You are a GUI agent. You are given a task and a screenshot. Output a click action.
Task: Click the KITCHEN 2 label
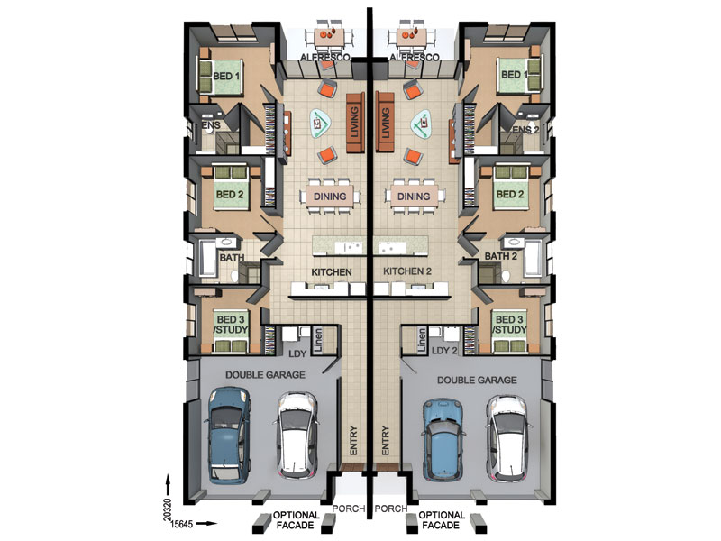pyautogui.click(x=407, y=271)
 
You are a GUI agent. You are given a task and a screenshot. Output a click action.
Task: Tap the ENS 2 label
pyautogui.click(x=525, y=130)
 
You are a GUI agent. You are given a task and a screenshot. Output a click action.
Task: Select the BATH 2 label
pyautogui.click(x=501, y=256)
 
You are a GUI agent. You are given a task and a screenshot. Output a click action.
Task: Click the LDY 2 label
pyautogui.click(x=444, y=350)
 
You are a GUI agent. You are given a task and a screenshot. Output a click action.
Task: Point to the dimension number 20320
pyautogui.click(x=168, y=509)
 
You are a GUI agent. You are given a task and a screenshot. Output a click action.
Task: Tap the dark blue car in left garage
pyautogui.click(x=229, y=436)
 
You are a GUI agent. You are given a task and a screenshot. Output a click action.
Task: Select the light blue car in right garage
pyautogui.click(x=443, y=439)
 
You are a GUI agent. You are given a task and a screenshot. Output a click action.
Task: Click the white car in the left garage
pyautogui.click(x=298, y=436)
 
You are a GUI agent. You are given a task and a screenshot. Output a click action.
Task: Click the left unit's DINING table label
pyautogui.click(x=330, y=197)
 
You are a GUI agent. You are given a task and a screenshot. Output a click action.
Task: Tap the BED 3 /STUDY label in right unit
pyautogui.click(x=509, y=325)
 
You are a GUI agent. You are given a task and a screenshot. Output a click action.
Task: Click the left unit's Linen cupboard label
pyautogui.click(x=318, y=340)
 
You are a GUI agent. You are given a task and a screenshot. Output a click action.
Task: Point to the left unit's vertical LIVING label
pyautogui.click(x=354, y=123)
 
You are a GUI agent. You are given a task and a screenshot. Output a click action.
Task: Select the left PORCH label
pyautogui.click(x=349, y=509)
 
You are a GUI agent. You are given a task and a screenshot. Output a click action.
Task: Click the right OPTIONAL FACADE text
pyautogui.click(x=442, y=520)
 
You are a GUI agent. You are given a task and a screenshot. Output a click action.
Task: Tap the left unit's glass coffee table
pyautogui.click(x=321, y=124)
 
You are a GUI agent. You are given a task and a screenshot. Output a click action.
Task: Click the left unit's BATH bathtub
pyautogui.click(x=209, y=259)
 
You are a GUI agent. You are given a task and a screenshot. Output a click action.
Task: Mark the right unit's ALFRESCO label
pyautogui.click(x=414, y=58)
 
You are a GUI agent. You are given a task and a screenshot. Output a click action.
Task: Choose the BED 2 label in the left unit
pyautogui.click(x=230, y=194)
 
